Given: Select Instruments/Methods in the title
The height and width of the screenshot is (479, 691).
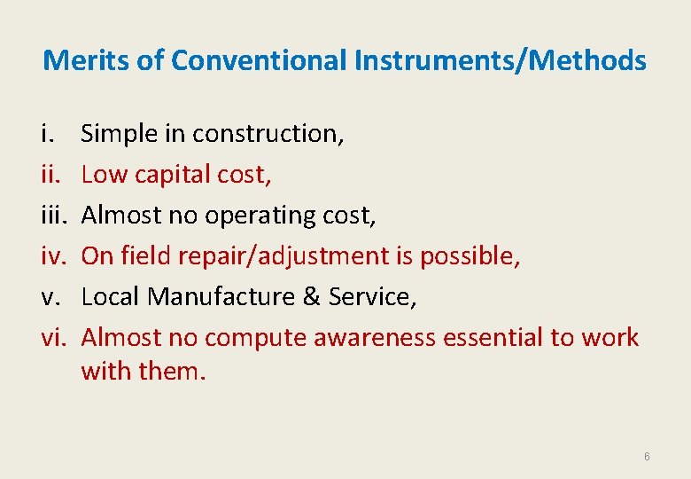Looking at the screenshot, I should pyautogui.click(x=500, y=60).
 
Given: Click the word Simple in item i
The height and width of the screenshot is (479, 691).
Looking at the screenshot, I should pyautogui.click(x=120, y=133).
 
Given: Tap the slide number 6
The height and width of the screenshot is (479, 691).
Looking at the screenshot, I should pyautogui.click(x=647, y=456).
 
